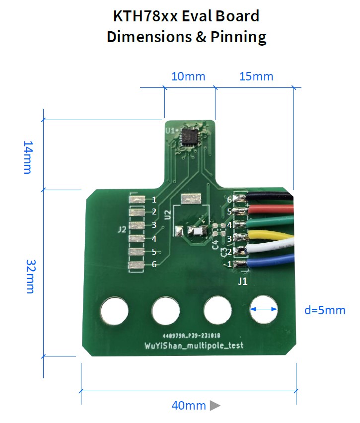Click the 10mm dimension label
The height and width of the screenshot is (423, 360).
click(188, 76)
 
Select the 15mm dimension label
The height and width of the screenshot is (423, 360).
click(256, 76)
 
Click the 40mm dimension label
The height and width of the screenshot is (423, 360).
click(188, 406)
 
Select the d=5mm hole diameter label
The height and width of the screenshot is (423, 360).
click(324, 311)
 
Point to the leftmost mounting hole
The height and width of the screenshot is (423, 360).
click(114, 311)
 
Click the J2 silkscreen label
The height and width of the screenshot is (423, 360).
click(122, 230)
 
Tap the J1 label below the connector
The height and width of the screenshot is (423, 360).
click(243, 282)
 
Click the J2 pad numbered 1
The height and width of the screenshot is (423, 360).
click(137, 200)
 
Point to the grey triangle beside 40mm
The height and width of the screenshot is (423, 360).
click(215, 406)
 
